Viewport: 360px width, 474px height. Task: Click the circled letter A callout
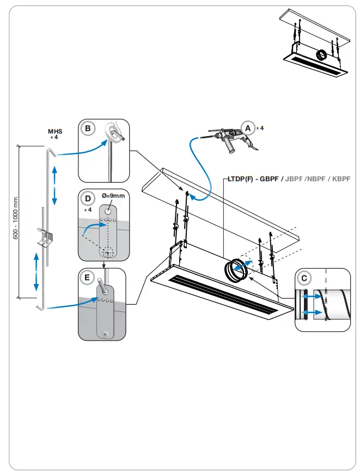pyautogui.click(x=248, y=128)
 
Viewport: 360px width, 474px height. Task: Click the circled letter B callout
pyautogui.click(x=87, y=129)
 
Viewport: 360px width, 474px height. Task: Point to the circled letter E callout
pyautogui.click(x=87, y=278)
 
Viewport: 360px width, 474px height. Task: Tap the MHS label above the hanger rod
pyautogui.click(x=55, y=131)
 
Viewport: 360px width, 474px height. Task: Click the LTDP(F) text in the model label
pyautogui.click(x=237, y=178)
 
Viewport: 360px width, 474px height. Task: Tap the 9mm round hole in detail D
pyautogui.click(x=109, y=210)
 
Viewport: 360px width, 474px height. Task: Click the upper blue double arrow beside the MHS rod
pyautogui.click(x=54, y=186)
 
